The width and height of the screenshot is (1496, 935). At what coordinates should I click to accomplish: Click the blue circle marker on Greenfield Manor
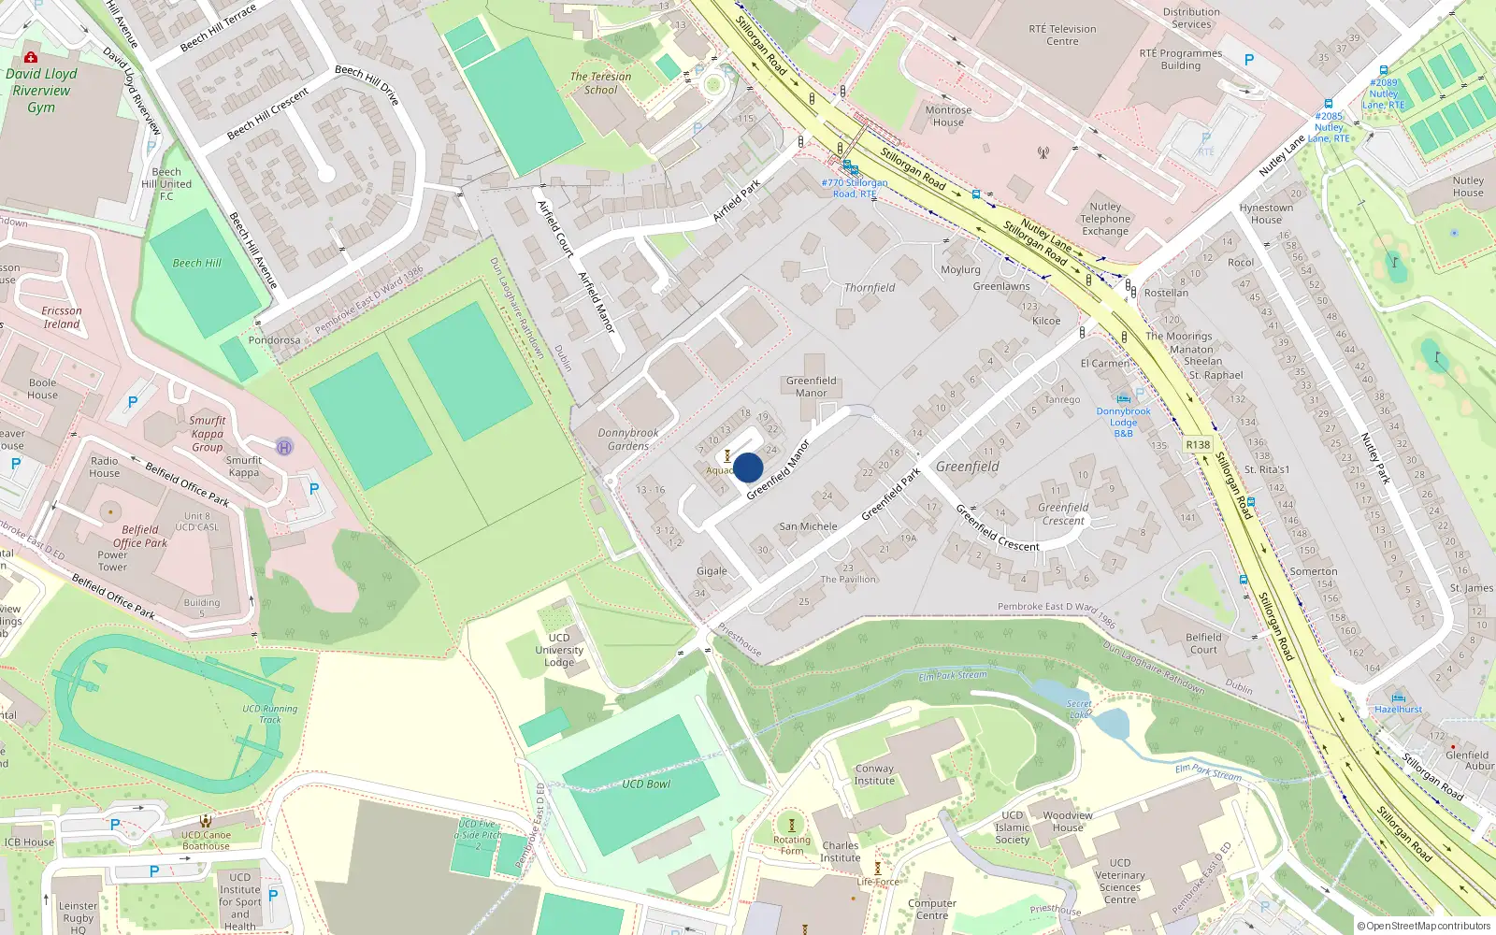(x=748, y=467)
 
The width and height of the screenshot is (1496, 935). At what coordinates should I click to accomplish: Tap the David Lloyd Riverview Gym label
(x=41, y=91)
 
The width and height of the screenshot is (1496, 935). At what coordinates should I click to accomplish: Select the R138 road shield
(x=1197, y=445)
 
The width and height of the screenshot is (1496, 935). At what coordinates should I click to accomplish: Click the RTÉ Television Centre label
(x=1062, y=35)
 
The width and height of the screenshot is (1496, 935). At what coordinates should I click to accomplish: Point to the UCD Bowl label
(x=646, y=784)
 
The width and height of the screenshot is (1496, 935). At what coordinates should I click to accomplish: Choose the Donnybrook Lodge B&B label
(x=1124, y=423)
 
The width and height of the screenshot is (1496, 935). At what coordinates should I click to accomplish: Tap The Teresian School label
(x=600, y=83)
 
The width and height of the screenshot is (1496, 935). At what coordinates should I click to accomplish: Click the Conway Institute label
(x=874, y=774)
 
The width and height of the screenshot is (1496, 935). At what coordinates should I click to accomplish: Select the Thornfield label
(x=870, y=288)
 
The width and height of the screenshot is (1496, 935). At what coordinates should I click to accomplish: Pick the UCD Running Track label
(x=269, y=713)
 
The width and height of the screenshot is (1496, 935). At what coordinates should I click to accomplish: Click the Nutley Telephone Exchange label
(x=1105, y=219)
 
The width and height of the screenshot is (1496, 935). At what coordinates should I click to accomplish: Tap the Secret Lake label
(x=1079, y=709)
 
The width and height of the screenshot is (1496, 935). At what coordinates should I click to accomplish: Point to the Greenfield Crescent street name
(x=998, y=527)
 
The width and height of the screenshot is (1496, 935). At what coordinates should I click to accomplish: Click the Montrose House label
(x=948, y=116)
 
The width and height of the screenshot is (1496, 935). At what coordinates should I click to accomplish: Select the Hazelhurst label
(x=1398, y=710)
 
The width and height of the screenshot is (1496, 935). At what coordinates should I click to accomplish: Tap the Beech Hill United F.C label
(x=166, y=184)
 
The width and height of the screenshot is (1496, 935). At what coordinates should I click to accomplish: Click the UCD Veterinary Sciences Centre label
(x=1120, y=881)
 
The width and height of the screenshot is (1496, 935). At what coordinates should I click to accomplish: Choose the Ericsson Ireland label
(x=62, y=317)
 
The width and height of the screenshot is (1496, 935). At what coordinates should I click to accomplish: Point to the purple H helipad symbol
(x=284, y=447)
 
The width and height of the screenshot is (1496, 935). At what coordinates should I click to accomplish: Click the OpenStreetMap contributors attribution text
(x=1424, y=927)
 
